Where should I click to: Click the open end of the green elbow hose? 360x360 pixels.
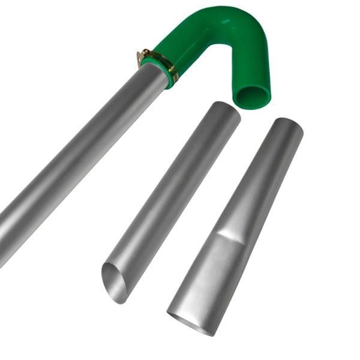pyautogui.click(x=252, y=97)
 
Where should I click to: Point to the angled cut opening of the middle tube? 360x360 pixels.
pyautogui.click(x=115, y=282)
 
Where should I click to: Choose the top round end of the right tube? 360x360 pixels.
pyautogui.click(x=287, y=125)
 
